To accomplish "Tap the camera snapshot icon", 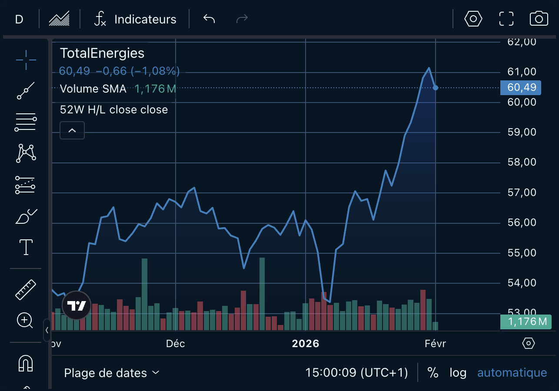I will point(539,19).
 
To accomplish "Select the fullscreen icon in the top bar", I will point(506,19).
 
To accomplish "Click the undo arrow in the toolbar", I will point(209,19).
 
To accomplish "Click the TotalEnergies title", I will point(102,53).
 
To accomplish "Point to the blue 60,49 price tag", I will point(520,87).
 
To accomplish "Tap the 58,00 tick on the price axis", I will point(522,162).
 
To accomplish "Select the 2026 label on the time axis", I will point(305,344).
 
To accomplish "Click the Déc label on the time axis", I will point(176,344).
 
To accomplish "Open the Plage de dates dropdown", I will point(112,373).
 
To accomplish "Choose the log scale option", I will point(458,373).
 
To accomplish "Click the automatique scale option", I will point(512,373).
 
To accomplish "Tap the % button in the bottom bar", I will point(433,373).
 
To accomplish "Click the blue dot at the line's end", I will point(436,88).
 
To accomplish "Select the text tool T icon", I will point(26,247).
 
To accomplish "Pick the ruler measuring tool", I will point(26,290).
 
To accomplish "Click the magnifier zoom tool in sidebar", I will point(25,321).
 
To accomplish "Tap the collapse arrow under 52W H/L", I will point(72,130).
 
